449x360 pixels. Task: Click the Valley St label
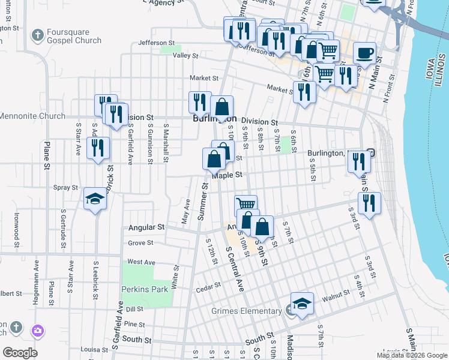point(185,56)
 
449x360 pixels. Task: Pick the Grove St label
point(140,243)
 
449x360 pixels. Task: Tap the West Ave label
point(141,262)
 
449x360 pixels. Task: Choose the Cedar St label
point(205,290)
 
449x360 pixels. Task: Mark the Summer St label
point(203,201)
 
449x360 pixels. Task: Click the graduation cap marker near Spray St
point(95,199)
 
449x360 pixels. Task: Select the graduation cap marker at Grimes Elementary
point(303,304)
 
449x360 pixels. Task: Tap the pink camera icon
point(38,330)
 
